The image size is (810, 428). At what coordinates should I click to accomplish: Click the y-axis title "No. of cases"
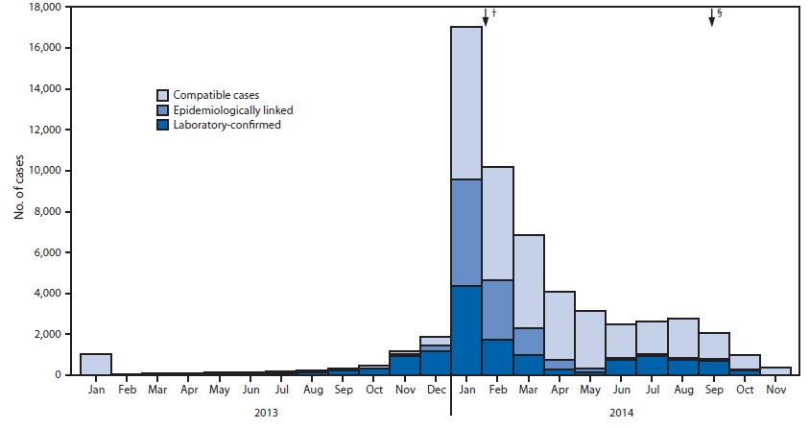coord(20,191)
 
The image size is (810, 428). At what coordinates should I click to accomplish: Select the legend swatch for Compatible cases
coord(164,95)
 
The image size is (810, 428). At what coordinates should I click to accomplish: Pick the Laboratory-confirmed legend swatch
coord(164,124)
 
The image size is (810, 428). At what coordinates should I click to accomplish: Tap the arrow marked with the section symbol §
coord(711,17)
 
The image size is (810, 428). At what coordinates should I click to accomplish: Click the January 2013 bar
coord(96,364)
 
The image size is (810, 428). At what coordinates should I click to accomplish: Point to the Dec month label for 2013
coord(435,391)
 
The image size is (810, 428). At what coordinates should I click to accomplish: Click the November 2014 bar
coord(775,370)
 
